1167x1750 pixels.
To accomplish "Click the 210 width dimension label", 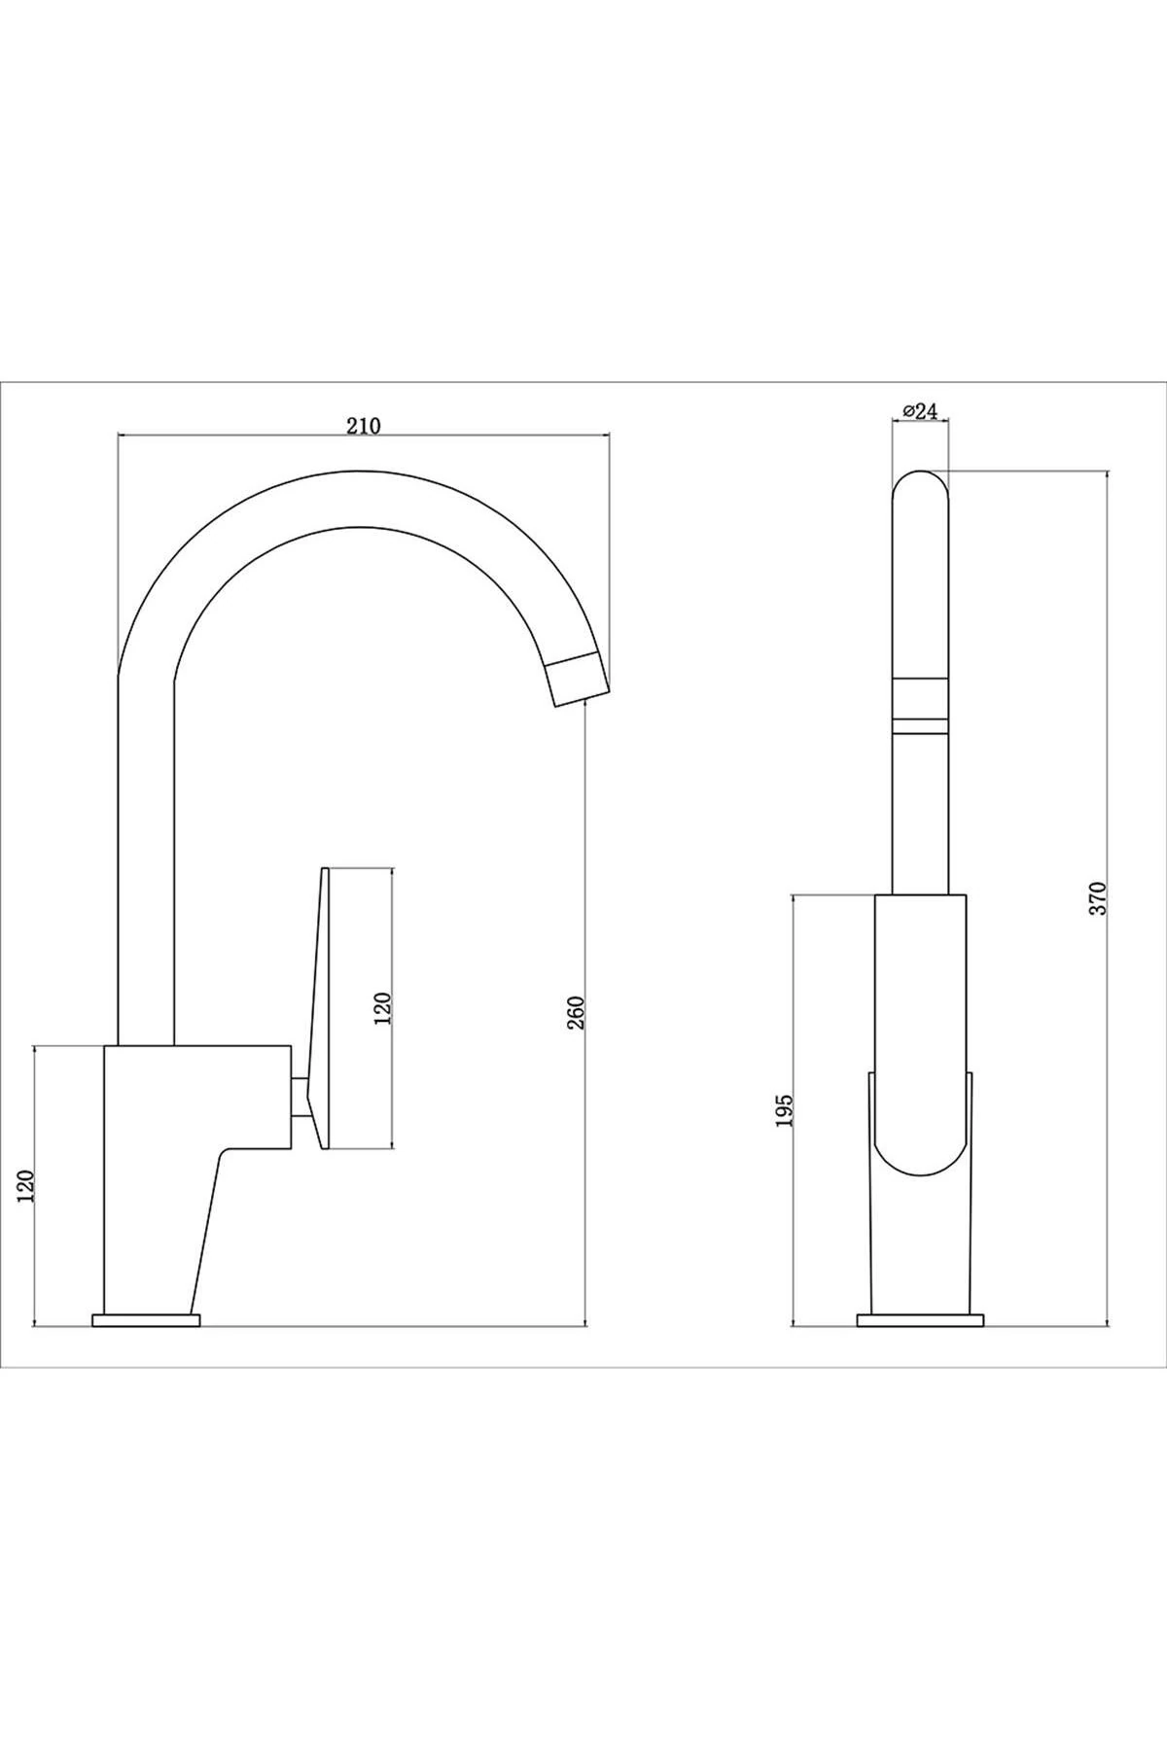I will click(x=362, y=424).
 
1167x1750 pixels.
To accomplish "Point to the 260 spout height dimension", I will click(x=576, y=1013).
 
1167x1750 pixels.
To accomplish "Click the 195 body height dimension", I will click(x=786, y=1109).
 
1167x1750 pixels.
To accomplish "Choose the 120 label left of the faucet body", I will click(x=26, y=1186).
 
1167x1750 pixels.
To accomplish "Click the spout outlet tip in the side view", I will click(x=582, y=680).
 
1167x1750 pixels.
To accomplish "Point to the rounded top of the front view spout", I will click(x=920, y=491).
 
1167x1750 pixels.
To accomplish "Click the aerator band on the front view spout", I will click(x=920, y=697).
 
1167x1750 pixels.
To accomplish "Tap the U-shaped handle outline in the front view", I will click(x=920, y=1147).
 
